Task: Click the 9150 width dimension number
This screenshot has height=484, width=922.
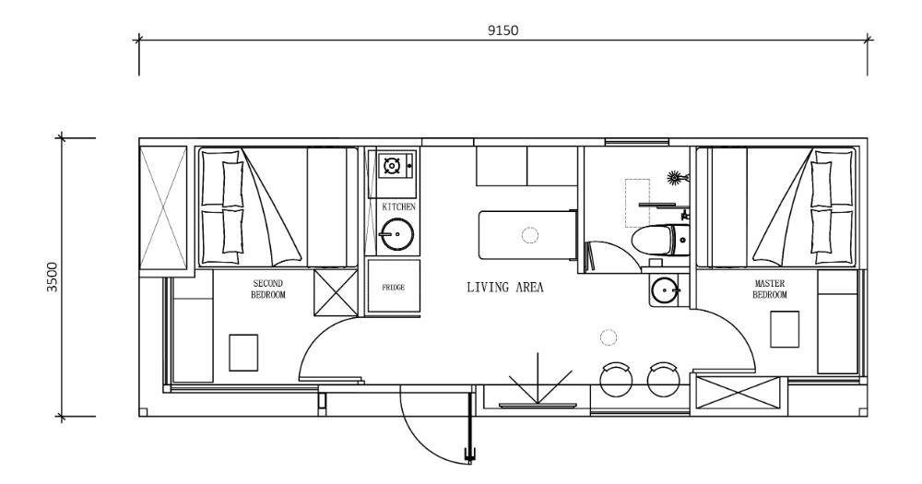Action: click(503, 30)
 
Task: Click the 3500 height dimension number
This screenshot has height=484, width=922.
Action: click(53, 276)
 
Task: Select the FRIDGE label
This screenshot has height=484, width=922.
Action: click(394, 287)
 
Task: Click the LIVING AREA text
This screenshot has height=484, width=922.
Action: click(504, 288)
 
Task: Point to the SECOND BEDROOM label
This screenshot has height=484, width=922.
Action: click(268, 289)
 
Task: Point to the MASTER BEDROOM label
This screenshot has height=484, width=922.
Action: click(770, 289)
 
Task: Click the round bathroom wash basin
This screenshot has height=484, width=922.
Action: click(664, 291)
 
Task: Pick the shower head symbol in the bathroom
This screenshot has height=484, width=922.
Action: click(679, 176)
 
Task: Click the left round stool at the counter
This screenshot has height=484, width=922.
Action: click(617, 379)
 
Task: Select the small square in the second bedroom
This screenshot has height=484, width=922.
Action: click(243, 352)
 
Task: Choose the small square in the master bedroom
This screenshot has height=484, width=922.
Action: click(785, 329)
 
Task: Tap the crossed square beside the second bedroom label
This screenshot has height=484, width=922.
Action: click(335, 294)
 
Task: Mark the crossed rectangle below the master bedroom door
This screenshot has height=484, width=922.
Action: click(739, 395)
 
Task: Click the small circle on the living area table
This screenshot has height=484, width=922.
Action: click(530, 235)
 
